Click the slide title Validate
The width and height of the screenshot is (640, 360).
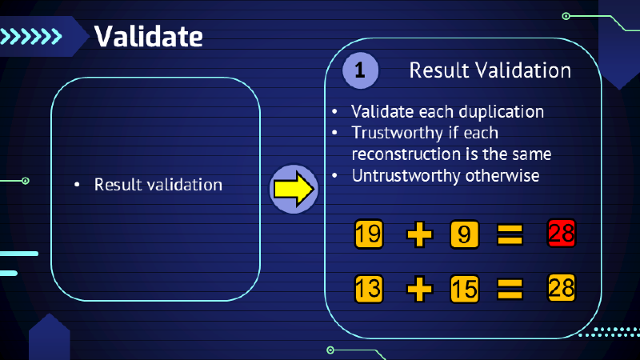[148, 36]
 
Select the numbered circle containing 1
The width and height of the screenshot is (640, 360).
[360, 70]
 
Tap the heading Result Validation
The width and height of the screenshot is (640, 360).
[490, 70]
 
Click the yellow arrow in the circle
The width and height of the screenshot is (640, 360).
[293, 190]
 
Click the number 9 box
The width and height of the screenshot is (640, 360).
[465, 234]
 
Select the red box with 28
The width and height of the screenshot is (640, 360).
[562, 234]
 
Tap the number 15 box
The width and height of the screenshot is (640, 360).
[465, 288]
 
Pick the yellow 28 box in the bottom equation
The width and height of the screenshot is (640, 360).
[562, 287]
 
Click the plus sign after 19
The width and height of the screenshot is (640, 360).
[418, 234]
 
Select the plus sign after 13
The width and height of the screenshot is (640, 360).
[418, 288]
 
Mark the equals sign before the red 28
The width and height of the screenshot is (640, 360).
[510, 234]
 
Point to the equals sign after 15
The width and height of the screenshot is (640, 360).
[510, 288]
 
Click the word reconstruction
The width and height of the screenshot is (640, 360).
[403, 154]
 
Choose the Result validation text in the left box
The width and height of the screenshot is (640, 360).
[158, 185]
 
